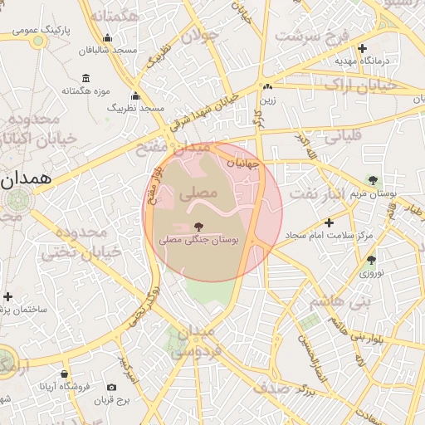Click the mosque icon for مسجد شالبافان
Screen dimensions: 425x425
tap(107, 38)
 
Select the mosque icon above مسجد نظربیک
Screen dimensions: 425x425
tap(135, 96)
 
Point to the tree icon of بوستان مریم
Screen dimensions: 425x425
tap(373, 179)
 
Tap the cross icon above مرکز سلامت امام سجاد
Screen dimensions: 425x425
tap(330, 222)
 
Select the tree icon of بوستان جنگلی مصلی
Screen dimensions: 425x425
tap(198, 227)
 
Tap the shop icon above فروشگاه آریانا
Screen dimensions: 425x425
tap(64, 374)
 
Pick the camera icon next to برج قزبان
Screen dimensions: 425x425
tap(111, 387)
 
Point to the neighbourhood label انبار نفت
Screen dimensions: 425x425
tap(316, 193)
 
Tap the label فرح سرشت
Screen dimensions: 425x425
tap(311, 37)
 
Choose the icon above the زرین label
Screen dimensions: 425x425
tap(267, 86)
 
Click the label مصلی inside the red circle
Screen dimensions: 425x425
tap(203, 192)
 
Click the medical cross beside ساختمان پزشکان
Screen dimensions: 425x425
tap(8, 296)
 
